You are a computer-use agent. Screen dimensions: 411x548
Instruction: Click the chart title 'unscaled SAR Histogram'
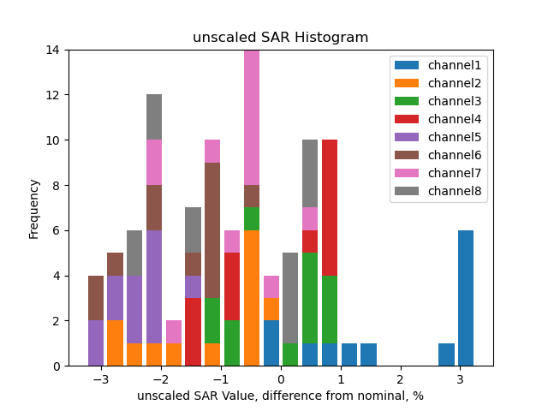coord(280,38)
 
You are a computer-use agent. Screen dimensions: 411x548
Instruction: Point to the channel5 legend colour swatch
coord(406,137)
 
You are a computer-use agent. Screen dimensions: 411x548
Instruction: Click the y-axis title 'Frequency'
coord(34,208)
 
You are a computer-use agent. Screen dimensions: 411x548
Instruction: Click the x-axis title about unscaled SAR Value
coord(280,396)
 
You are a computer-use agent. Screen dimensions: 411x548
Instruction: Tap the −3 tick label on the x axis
coord(100,379)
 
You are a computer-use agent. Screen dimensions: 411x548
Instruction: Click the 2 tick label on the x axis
coord(400,379)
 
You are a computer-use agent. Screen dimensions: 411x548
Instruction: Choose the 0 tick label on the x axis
coord(280,379)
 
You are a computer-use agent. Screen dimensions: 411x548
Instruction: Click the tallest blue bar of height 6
coord(466,298)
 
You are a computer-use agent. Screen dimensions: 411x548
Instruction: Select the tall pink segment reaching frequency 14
coord(252,117)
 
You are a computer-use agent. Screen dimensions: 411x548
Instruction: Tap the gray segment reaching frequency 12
coord(154,117)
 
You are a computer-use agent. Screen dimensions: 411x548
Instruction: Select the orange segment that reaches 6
coord(252,298)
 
